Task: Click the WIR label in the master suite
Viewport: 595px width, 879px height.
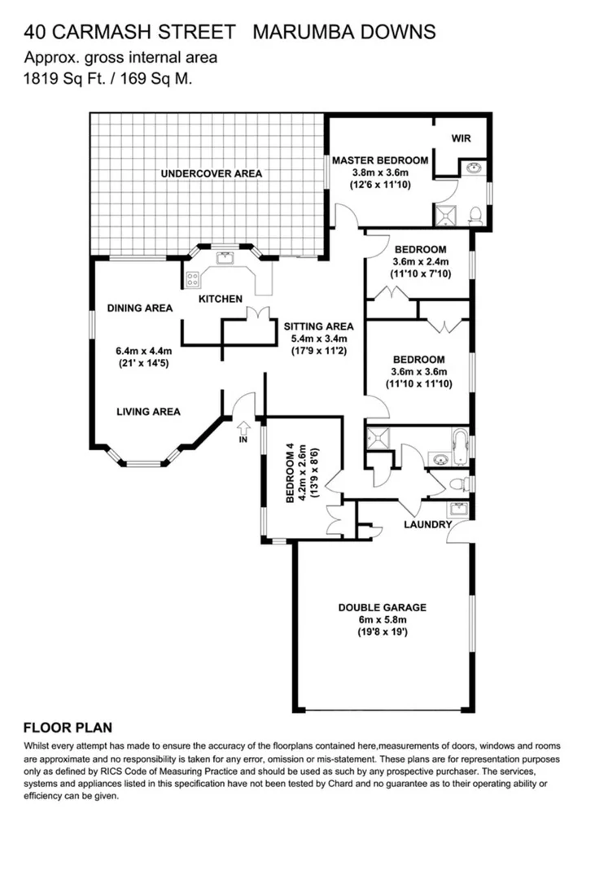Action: click(x=461, y=138)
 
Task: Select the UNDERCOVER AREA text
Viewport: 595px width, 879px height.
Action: click(x=211, y=173)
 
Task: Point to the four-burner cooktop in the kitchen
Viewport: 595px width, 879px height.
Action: click(x=194, y=278)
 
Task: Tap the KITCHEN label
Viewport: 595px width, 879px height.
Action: click(x=220, y=299)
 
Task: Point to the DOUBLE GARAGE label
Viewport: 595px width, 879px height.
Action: click(x=382, y=607)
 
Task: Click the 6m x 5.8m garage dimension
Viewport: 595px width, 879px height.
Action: click(x=382, y=619)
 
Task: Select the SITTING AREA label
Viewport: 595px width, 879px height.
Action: click(x=319, y=326)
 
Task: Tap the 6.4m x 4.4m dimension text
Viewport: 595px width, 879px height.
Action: click(x=144, y=352)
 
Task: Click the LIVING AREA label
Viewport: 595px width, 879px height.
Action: click(x=147, y=412)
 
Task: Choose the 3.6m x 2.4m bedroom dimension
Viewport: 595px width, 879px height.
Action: click(x=420, y=262)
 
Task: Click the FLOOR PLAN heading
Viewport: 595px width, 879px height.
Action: click(x=68, y=728)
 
